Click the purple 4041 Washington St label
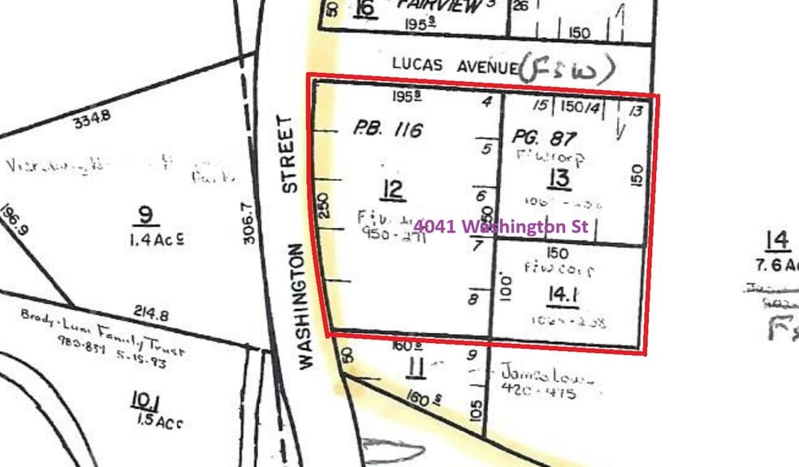click(500, 227)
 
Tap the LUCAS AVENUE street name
click(453, 64)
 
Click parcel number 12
click(393, 191)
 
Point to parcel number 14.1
click(562, 297)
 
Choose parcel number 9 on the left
click(146, 215)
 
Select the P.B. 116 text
click(388, 129)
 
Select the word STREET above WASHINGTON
click(290, 154)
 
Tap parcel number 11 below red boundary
click(416, 370)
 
